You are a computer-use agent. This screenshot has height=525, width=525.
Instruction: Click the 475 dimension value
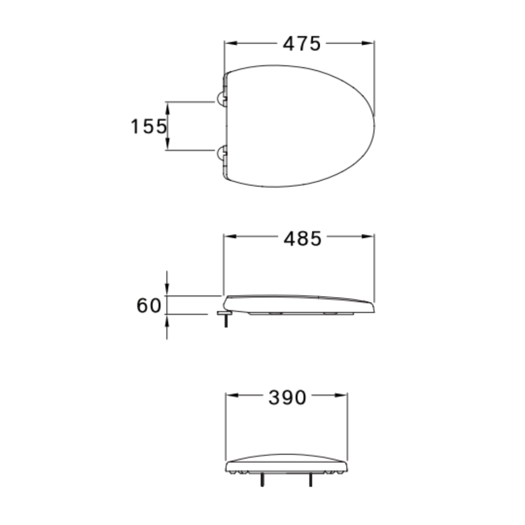pos(301,44)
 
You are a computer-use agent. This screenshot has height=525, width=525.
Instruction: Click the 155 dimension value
pos(148,127)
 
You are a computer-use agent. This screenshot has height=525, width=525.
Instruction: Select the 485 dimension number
pos(302,239)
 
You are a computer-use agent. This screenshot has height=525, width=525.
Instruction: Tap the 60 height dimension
pos(149,306)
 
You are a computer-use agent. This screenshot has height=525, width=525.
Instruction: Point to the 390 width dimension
pos(287,398)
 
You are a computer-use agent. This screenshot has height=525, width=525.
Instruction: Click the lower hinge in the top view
pos(222,153)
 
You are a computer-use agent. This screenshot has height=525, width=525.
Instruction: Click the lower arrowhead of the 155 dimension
pos(167,146)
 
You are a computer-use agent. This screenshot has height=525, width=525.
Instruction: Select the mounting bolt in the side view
pos(226,320)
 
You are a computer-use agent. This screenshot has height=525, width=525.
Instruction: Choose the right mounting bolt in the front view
pos(311,479)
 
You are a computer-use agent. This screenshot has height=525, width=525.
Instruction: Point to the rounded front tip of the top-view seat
pos(374,127)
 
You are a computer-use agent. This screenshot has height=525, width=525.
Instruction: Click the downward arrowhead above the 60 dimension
pos(167,291)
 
